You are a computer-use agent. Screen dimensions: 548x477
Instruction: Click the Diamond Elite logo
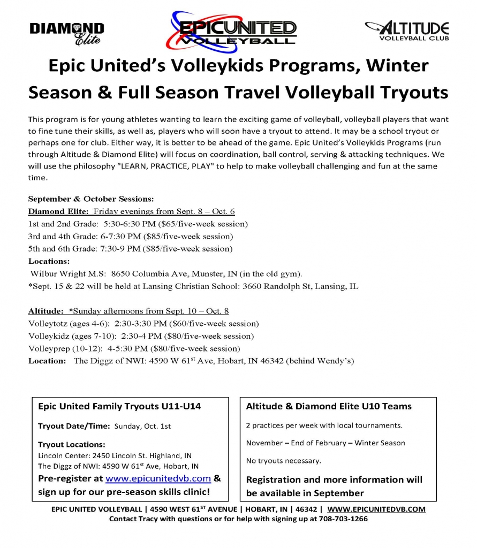pyautogui.click(x=67, y=33)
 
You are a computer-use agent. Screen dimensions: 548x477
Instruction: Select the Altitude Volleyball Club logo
pyautogui.click(x=406, y=31)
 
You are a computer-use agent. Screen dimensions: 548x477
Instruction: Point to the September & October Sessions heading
pyautogui.click(x=91, y=199)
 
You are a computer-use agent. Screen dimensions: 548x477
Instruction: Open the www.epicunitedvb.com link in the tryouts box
pyautogui.click(x=158, y=478)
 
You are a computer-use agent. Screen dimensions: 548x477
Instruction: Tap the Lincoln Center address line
pyautogui.click(x=115, y=456)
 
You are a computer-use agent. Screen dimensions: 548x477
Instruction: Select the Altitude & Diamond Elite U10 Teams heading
pyautogui.click(x=329, y=406)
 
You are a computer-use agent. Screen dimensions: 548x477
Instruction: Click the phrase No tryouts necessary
pyautogui.click(x=283, y=460)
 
